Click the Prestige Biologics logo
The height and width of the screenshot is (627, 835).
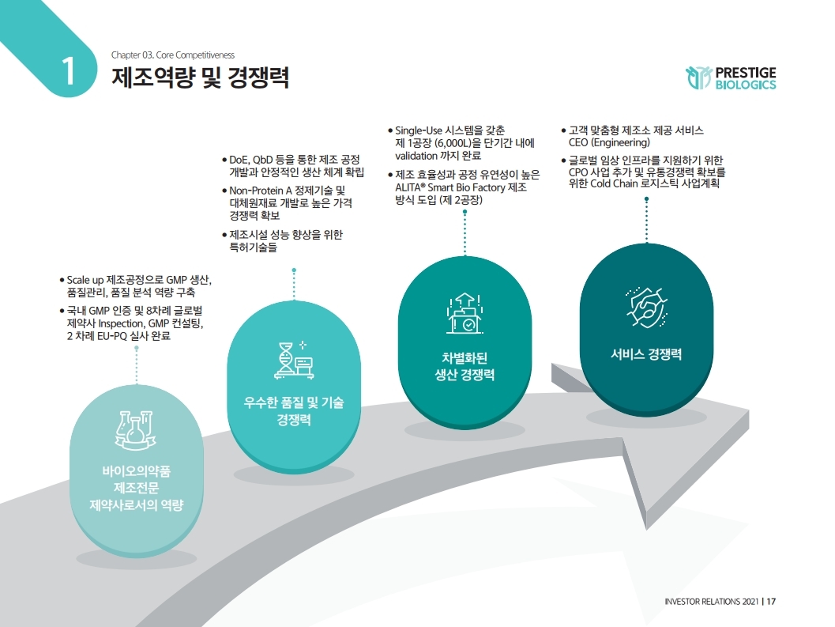point(731,77)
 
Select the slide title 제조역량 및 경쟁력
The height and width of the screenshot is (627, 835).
point(201,78)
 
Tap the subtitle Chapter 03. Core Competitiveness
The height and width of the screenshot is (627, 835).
point(173,55)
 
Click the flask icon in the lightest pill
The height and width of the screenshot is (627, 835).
point(134,432)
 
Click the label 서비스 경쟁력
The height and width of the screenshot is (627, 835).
point(646,354)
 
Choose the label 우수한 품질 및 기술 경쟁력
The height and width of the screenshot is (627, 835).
point(293,410)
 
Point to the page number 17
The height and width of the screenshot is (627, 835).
point(772,602)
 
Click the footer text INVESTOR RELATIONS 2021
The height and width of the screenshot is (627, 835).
point(712,602)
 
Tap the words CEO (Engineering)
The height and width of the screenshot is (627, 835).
point(609,143)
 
